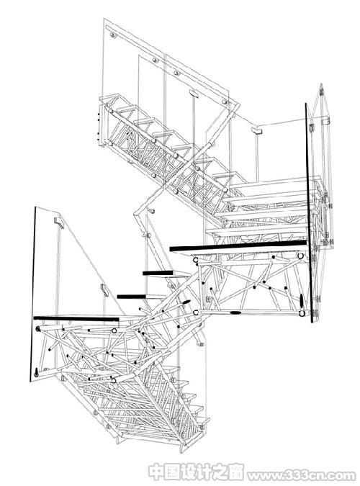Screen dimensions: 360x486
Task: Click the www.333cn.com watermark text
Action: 302,475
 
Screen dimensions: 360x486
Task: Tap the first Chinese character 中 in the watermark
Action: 156,472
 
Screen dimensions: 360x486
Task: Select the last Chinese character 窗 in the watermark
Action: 236,472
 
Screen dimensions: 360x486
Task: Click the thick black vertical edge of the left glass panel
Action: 32,294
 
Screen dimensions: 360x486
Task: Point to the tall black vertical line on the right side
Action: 309,212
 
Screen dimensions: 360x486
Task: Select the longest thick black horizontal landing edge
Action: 238,246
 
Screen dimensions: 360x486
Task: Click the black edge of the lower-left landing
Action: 76,318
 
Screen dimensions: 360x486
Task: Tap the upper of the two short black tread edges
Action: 158,273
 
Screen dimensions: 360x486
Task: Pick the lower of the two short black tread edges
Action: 130,297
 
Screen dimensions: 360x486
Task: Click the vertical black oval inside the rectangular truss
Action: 301,300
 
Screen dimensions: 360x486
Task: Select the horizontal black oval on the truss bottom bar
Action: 235,312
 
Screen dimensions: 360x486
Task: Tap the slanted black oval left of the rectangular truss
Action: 186,302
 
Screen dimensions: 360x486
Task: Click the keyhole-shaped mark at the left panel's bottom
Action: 37,372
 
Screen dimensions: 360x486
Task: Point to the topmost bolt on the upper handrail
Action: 114,35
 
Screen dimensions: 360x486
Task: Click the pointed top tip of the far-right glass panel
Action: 321,84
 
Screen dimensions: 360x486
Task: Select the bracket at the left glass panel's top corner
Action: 59,221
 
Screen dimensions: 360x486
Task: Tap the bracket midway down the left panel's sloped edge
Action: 104,290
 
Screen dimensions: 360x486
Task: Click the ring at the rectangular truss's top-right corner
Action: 300,256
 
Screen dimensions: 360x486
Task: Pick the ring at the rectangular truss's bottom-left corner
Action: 196,312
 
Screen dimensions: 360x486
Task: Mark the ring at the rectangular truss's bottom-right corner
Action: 302,314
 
